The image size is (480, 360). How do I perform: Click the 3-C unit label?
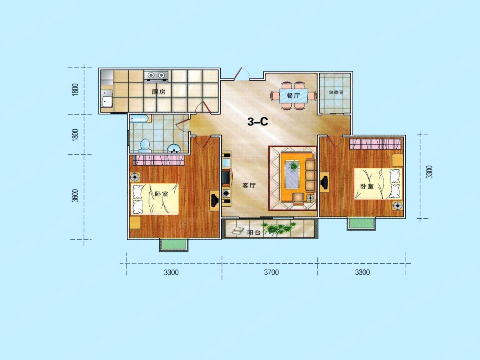[258, 122]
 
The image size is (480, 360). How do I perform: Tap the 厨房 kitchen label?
[158, 92]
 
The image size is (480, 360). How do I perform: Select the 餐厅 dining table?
[294, 96]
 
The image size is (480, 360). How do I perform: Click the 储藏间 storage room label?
[336, 92]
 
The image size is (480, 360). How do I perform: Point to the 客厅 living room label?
[249, 186]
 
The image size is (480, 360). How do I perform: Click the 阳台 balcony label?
[254, 232]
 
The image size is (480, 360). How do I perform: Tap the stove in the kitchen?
[156, 76]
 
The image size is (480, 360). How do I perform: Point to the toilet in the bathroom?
[145, 146]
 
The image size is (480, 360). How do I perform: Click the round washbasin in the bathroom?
[174, 149]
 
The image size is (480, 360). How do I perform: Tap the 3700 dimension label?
[271, 272]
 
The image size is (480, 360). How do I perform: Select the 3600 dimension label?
[75, 196]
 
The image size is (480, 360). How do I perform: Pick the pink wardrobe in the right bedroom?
[375, 144]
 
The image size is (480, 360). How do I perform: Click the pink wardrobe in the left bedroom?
[158, 160]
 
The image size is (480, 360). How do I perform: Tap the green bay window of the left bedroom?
[174, 245]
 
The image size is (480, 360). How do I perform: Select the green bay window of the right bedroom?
[361, 223]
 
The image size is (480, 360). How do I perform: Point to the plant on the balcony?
[279, 228]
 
